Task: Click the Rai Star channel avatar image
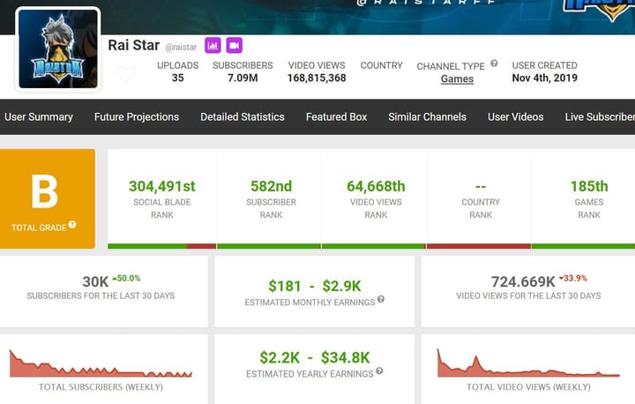click(58, 49)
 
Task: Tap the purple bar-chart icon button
click(213, 45)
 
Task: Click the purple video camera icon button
click(234, 45)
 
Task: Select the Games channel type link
click(457, 79)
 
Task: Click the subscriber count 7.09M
click(243, 78)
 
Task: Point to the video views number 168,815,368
click(317, 78)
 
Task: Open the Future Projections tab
click(137, 116)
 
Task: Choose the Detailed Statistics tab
click(243, 116)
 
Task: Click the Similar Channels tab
click(427, 116)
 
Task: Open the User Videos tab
click(516, 116)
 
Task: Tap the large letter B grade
click(45, 191)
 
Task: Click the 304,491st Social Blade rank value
click(162, 186)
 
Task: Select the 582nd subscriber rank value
click(271, 186)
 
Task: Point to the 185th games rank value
click(589, 186)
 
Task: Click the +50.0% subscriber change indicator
click(126, 279)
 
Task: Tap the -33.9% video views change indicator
click(572, 279)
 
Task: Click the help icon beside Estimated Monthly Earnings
click(381, 299)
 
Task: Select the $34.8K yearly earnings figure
click(345, 358)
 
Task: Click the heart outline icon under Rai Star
click(125, 74)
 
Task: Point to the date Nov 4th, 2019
click(545, 78)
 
